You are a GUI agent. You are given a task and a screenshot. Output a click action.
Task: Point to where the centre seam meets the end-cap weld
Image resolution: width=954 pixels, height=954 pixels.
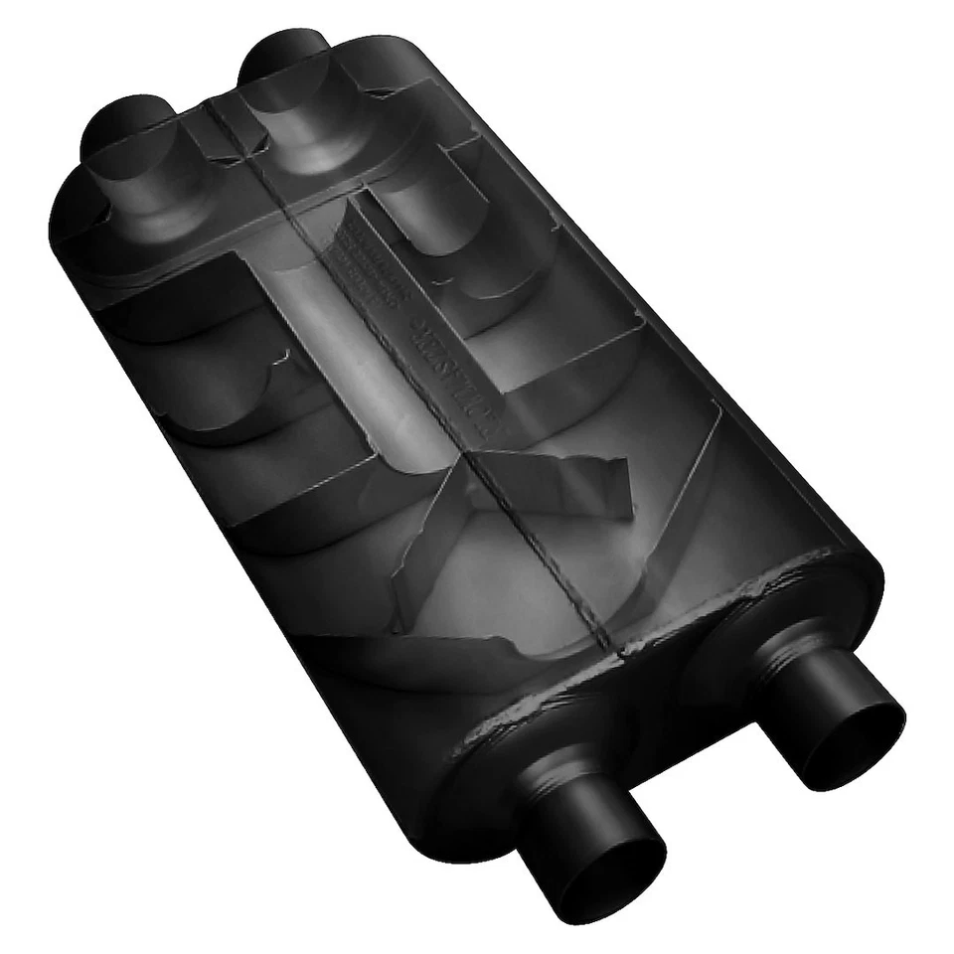tap(622, 651)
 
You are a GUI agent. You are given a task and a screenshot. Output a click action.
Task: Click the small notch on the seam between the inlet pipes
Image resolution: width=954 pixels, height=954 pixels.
tap(213, 104)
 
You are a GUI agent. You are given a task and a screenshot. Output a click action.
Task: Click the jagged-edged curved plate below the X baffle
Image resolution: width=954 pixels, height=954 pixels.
tap(437, 656)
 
